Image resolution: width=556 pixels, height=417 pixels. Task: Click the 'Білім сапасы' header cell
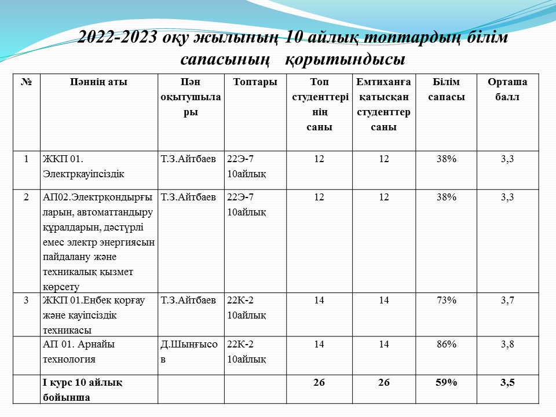pyautogui.click(x=446, y=89)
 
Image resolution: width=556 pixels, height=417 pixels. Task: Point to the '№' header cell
pyautogui.click(x=26, y=82)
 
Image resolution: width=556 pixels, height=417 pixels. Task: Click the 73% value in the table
pyautogui.click(x=447, y=300)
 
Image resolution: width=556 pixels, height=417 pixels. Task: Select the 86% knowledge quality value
pyautogui.click(x=447, y=344)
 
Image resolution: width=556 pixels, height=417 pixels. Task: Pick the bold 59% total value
pyautogui.click(x=447, y=382)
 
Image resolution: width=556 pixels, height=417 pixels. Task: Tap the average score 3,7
pyautogui.click(x=507, y=300)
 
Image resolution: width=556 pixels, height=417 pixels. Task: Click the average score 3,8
pyautogui.click(x=507, y=344)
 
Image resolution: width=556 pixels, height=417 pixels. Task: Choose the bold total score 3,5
pyautogui.click(x=507, y=382)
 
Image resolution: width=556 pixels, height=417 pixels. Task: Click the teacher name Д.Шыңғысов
pyautogui.click(x=189, y=351)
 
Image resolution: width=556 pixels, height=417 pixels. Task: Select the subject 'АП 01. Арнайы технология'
pyautogui.click(x=79, y=351)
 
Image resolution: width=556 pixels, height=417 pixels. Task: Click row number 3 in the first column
pyautogui.click(x=27, y=300)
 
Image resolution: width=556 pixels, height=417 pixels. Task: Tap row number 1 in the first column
pyautogui.click(x=27, y=158)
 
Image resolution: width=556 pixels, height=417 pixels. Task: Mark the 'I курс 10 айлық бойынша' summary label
pyautogui.click(x=82, y=389)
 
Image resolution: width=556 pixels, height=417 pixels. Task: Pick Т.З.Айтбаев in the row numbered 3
pyautogui.click(x=188, y=300)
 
